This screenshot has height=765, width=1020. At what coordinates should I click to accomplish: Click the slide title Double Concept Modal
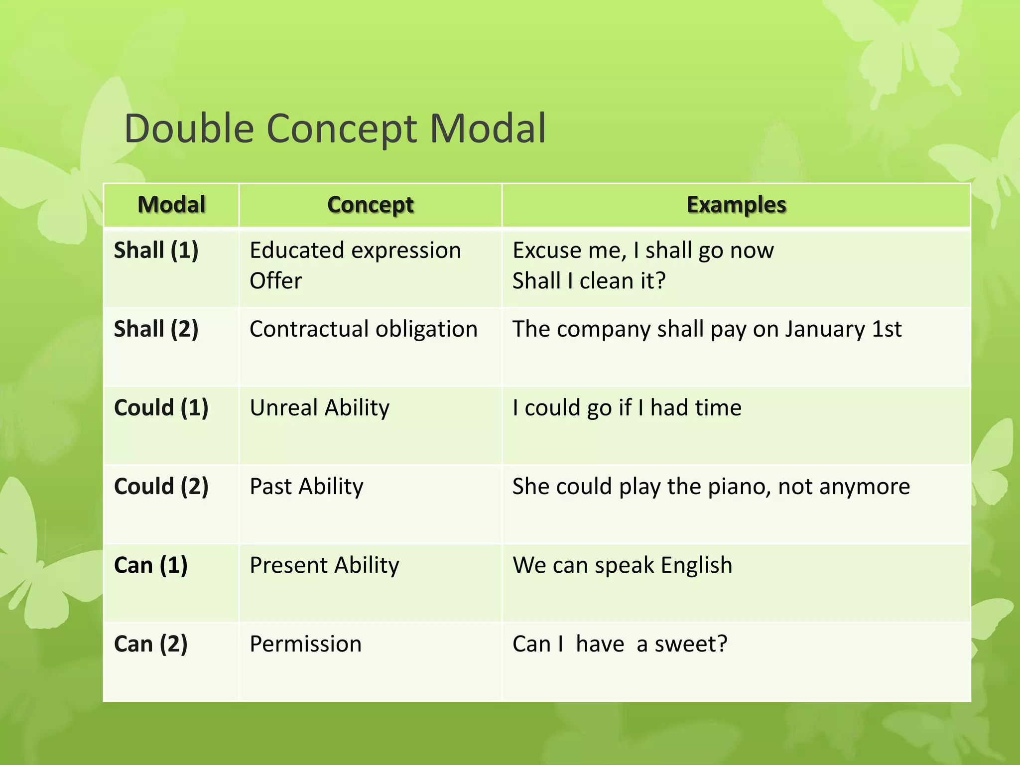[335, 128]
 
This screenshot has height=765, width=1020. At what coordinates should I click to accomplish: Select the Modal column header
[171, 205]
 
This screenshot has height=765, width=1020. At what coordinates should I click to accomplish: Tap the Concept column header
[370, 205]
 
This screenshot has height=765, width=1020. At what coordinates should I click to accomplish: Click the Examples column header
[736, 205]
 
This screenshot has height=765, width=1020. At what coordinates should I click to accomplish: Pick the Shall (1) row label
[156, 250]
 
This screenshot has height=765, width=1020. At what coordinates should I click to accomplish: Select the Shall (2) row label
[156, 329]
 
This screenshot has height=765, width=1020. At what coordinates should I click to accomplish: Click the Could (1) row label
[161, 407]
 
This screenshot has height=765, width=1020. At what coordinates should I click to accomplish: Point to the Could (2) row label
[161, 486]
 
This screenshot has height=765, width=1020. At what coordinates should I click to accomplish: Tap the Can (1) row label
[150, 565]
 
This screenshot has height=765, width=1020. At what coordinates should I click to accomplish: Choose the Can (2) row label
[150, 643]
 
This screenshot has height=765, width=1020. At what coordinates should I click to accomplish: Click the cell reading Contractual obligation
[363, 329]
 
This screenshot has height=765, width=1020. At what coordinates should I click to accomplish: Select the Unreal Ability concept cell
[319, 407]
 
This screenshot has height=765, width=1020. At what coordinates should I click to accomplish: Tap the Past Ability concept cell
[306, 486]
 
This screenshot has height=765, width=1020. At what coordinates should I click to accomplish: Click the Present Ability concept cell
[324, 565]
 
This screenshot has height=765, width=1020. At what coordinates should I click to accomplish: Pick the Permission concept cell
[305, 643]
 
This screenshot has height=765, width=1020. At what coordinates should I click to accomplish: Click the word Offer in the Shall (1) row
[275, 281]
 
